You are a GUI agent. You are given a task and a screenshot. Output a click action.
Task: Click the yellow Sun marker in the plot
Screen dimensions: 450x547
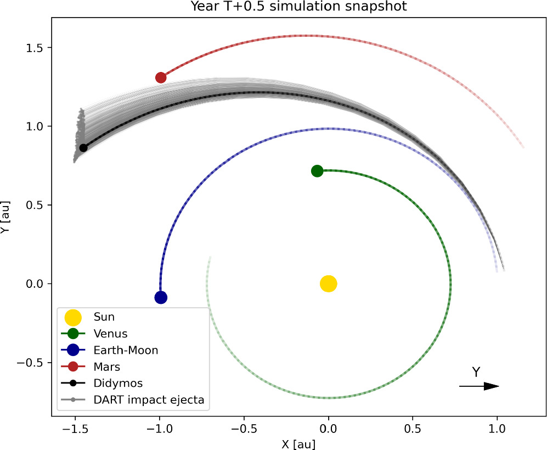(328, 284)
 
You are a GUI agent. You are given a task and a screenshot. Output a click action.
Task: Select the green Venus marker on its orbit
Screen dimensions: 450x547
(317, 171)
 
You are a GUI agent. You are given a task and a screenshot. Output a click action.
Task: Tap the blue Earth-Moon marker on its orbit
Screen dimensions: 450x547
(161, 298)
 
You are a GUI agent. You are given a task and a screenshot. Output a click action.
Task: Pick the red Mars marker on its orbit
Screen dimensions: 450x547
(161, 77)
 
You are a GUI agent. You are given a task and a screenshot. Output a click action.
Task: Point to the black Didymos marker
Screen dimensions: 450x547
(83, 148)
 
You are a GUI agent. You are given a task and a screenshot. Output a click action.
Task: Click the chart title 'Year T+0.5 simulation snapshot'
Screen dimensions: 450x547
(299, 7)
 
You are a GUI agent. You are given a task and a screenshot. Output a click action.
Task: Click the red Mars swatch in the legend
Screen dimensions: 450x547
(73, 366)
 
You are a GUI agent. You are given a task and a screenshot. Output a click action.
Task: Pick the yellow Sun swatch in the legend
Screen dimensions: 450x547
(73, 317)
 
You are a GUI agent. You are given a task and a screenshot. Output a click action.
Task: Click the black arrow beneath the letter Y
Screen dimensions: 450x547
(479, 386)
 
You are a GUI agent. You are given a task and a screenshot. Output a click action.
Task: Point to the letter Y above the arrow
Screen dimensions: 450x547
(476, 373)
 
